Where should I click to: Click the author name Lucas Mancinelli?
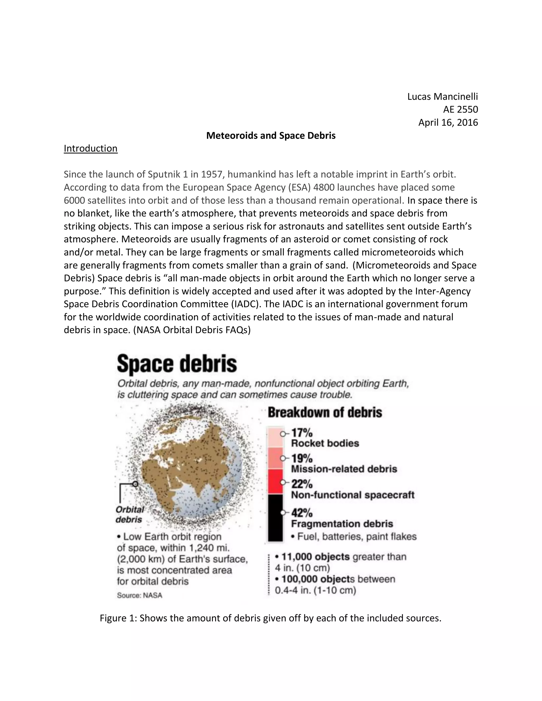(442, 96)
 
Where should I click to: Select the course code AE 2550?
(460, 110)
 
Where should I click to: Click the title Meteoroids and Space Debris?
(271, 135)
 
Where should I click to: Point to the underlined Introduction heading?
(91, 148)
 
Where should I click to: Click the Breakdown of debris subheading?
(325, 412)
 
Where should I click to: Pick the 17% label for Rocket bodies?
(302, 433)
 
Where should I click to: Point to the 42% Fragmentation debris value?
(302, 513)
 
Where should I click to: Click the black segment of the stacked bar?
(275, 517)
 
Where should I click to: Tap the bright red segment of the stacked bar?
(275, 481)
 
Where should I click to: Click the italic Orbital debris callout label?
(129, 515)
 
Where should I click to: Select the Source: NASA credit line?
(139, 595)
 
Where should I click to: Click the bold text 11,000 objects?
(315, 557)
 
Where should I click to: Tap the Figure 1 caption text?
(270, 618)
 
